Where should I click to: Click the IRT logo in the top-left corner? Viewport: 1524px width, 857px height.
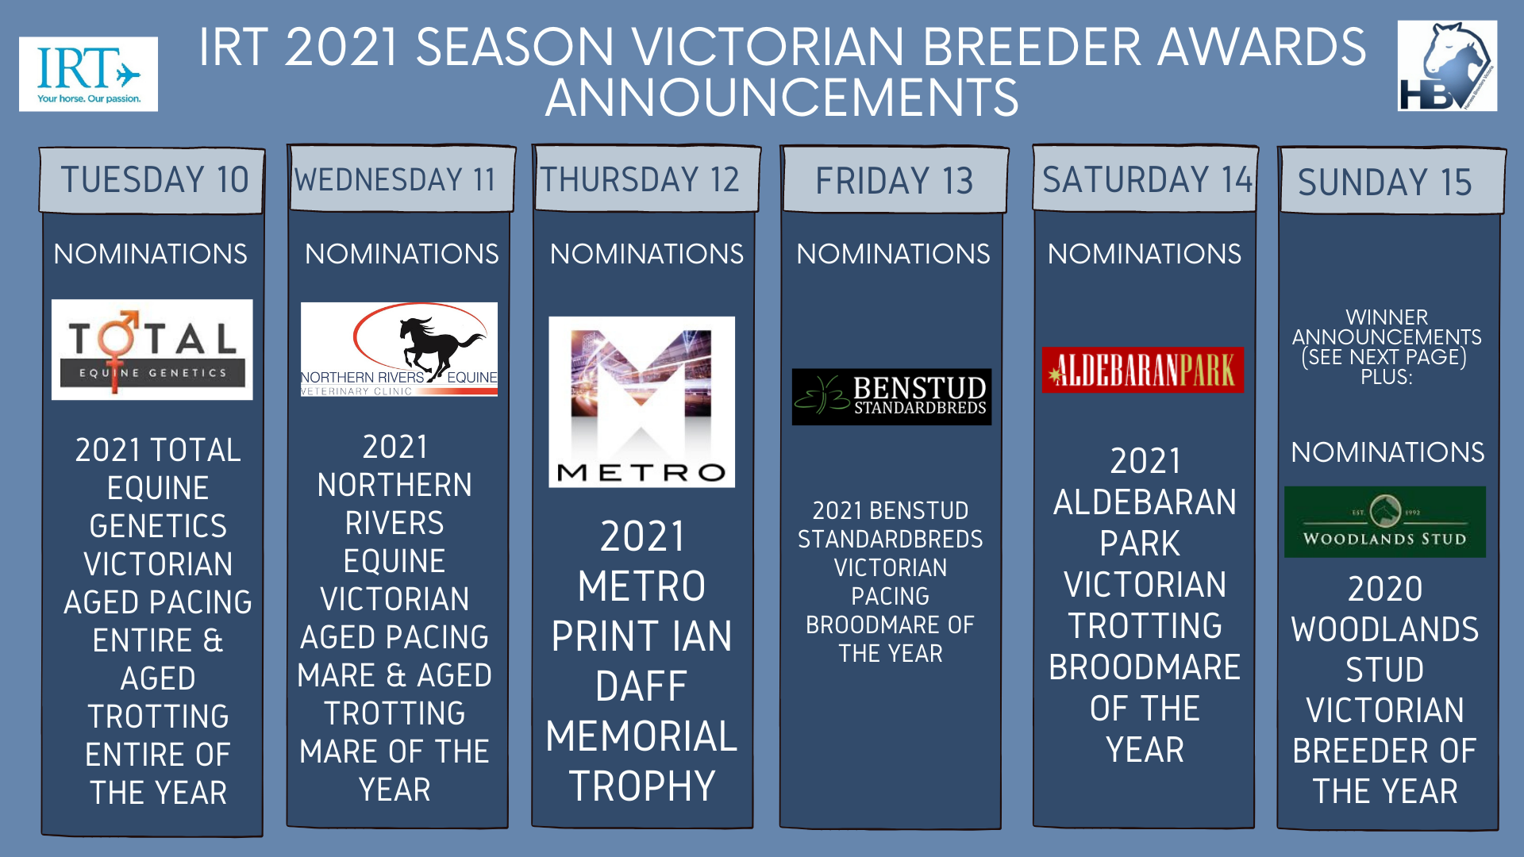[88, 74]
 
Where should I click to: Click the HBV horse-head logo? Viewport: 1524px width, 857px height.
[1447, 66]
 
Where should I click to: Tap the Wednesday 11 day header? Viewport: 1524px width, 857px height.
[402, 179]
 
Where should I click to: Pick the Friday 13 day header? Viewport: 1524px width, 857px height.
[895, 180]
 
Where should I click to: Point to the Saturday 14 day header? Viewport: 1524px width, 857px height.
[1145, 179]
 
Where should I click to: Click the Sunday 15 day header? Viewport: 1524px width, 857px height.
[1391, 181]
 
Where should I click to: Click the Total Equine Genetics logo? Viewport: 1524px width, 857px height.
[152, 349]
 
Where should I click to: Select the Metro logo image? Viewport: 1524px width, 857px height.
[641, 402]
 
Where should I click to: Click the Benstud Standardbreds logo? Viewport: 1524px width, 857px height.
[891, 397]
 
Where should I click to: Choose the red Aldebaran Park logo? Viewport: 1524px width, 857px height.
[1143, 370]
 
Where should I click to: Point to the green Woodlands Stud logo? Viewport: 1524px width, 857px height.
[1385, 522]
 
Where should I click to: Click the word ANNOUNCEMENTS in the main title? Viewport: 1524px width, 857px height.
[782, 98]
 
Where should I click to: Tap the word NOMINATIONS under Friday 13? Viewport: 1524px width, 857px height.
[893, 254]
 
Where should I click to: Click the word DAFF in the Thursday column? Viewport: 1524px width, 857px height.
[641, 686]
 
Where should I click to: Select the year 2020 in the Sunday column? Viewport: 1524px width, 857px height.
[1385, 589]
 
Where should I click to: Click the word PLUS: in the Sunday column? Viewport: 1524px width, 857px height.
[1387, 377]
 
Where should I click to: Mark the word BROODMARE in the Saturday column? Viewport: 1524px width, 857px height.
[1145, 667]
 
